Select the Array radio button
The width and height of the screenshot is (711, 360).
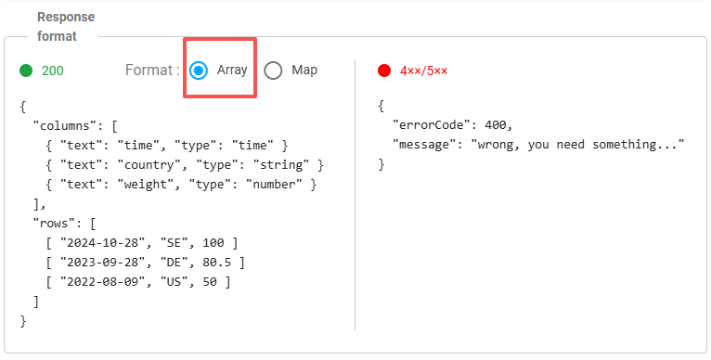tap(199, 71)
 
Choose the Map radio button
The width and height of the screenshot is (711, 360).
tap(273, 71)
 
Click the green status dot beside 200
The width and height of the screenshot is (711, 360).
tap(26, 71)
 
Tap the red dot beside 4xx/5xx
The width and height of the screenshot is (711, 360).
tap(384, 71)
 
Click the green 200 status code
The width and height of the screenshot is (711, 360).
tap(53, 71)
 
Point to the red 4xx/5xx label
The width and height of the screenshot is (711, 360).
tap(423, 71)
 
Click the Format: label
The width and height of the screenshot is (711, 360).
tap(152, 71)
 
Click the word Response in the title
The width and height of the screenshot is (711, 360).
tap(66, 18)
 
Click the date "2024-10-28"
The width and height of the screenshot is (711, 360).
tap(102, 242)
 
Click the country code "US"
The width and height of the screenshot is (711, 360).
tap(175, 281)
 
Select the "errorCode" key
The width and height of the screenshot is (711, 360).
tap(431, 124)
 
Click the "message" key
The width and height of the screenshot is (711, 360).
tap(423, 145)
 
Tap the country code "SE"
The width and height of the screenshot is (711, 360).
tap(175, 242)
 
